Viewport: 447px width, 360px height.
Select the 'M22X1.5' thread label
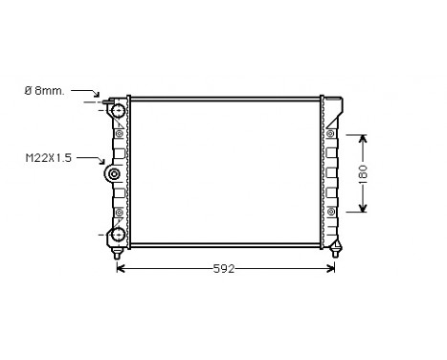(49, 157)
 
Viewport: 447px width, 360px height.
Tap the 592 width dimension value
(224, 269)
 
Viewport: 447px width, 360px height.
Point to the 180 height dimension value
(364, 173)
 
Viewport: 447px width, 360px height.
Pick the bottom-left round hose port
(118, 234)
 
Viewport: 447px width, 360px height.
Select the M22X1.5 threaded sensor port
(114, 174)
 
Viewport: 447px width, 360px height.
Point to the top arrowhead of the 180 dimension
(364, 138)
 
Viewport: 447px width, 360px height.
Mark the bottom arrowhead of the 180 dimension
(364, 210)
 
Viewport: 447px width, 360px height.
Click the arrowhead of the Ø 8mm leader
(100, 100)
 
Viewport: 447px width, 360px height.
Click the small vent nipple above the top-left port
(107, 100)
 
